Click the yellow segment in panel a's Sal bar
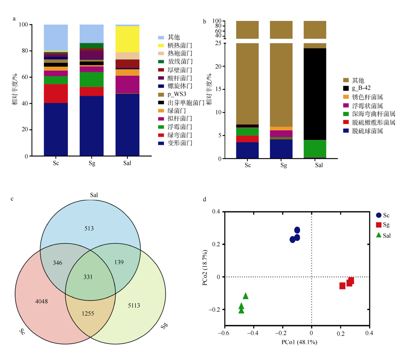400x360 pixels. (x=127, y=39)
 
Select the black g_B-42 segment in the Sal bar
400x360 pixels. (x=315, y=94)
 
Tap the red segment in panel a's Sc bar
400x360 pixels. (x=56, y=93)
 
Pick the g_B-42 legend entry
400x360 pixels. (x=357, y=88)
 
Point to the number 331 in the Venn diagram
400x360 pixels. (x=88, y=277)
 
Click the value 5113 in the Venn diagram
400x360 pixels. (x=134, y=306)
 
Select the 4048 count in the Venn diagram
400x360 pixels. (x=41, y=302)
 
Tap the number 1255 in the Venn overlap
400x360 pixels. (x=88, y=314)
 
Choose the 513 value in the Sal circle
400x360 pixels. (x=89, y=228)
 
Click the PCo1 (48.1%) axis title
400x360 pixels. (x=299, y=342)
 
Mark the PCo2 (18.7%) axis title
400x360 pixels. (x=205, y=267)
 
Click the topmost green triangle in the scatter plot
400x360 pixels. (x=246, y=296)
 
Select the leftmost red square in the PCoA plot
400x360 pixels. (x=342, y=286)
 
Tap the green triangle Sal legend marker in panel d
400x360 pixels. (x=379, y=235)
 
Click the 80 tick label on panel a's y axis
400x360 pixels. (x=25, y=50)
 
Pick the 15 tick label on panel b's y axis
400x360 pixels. (x=218, y=89)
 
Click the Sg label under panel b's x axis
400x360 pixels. (x=284, y=165)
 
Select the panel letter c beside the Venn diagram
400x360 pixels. (x=12, y=199)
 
